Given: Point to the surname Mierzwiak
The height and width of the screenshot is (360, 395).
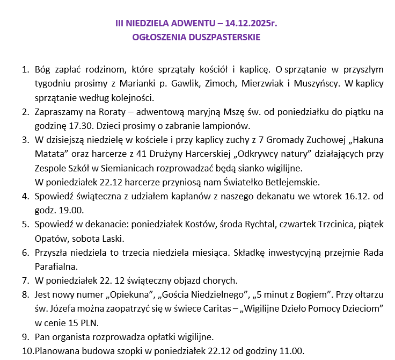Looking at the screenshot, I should pos(264,84).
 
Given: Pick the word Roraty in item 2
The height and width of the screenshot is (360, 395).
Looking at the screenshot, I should pos(115,112).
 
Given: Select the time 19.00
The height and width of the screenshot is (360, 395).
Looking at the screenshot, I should pos(71,210).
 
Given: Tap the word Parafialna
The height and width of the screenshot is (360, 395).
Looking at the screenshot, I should pos(56,266).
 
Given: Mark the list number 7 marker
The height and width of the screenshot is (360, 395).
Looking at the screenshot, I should pos(25,280).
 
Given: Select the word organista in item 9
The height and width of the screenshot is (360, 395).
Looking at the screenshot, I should pos(69,337).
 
